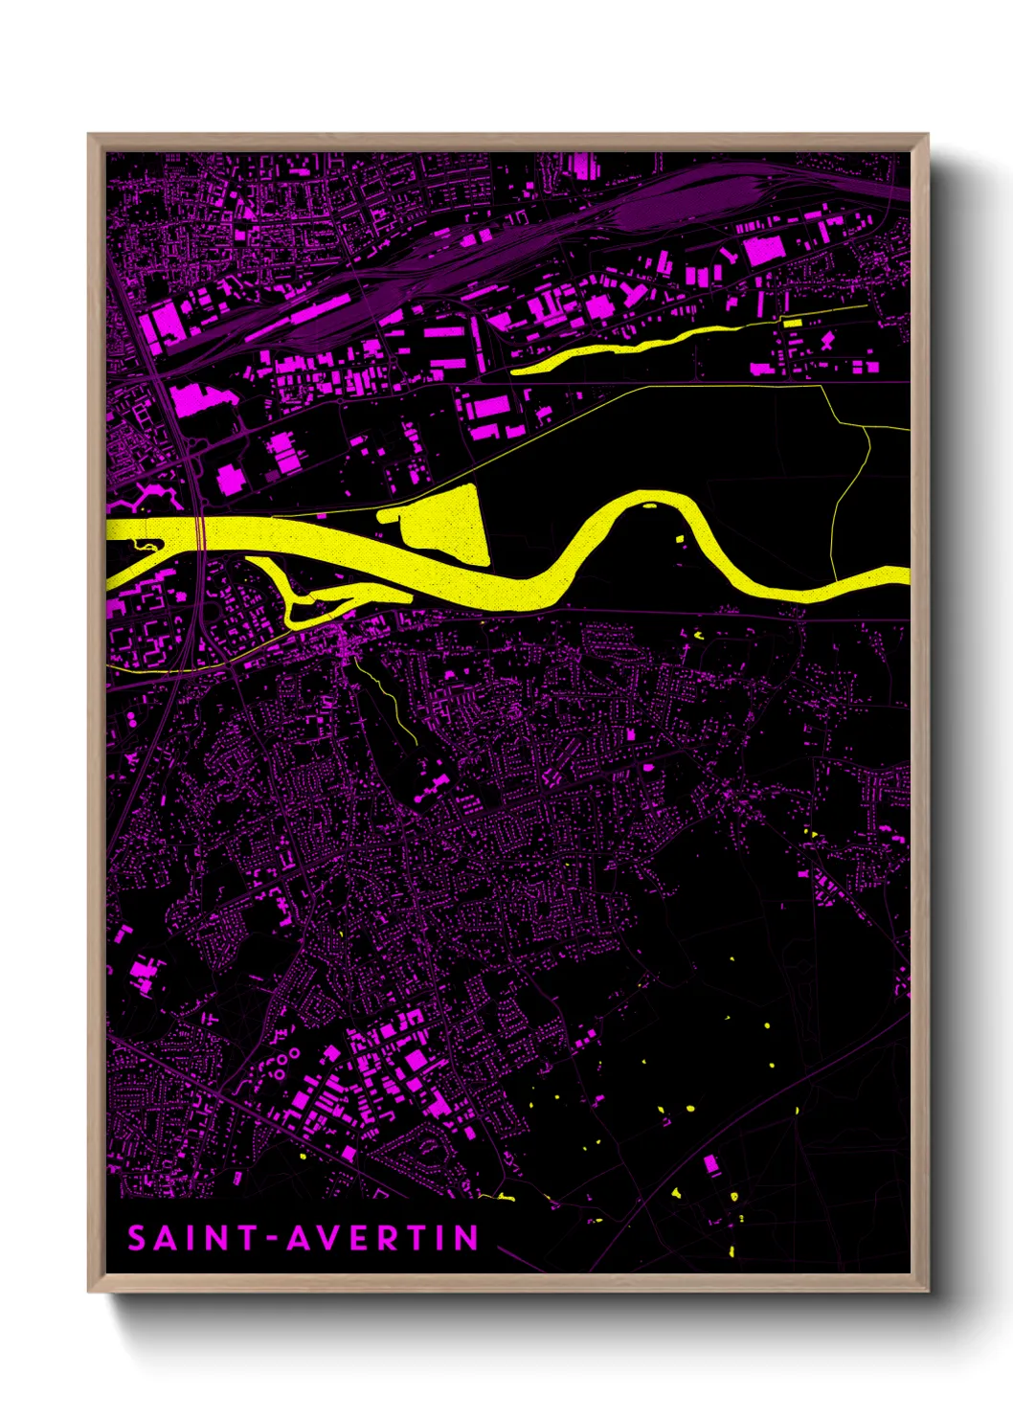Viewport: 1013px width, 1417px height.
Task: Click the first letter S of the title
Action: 137,1238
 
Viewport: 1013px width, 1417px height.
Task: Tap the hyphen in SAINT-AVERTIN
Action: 272,1239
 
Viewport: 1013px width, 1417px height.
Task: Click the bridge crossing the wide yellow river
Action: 201,533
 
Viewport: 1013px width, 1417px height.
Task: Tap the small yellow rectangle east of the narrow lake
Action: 792,324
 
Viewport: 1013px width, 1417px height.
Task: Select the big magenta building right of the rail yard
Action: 764,251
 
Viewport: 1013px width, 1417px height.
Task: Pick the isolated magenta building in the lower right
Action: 710,1164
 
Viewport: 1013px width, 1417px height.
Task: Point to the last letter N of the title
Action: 466,1238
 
